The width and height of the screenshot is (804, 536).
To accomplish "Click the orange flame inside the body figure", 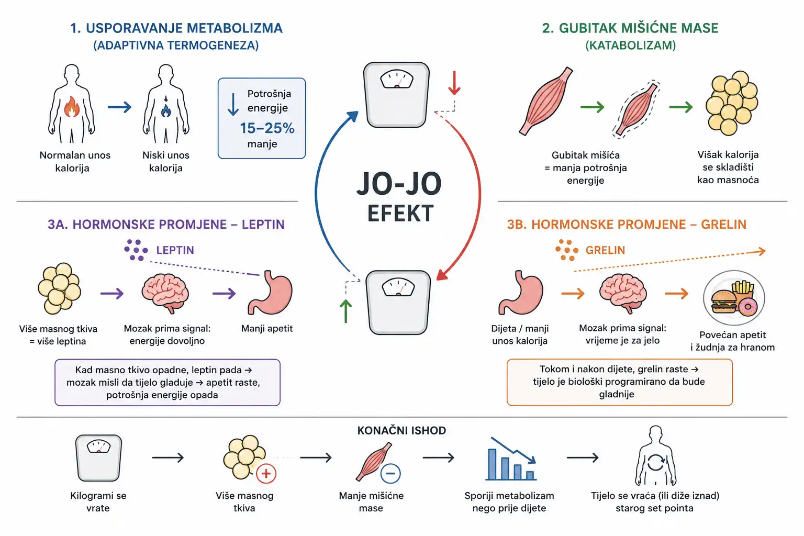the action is coord(72,107).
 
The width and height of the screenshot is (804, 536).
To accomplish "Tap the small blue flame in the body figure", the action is coord(166,110).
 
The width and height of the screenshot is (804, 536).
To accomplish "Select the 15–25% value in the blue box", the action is coord(267,128).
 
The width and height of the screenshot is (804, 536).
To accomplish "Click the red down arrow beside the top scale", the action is coord(454,83).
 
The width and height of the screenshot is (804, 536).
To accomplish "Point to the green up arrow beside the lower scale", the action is coord(345,311).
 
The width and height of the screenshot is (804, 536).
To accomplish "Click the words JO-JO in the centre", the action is coord(399,184).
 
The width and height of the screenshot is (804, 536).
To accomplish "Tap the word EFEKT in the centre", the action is coord(400,213).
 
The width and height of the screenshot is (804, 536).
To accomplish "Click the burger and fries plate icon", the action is coord(734,298).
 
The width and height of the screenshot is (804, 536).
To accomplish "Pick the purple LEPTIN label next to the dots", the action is coord(175,250).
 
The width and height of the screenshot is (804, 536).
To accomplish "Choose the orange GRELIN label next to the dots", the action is coord(605,250).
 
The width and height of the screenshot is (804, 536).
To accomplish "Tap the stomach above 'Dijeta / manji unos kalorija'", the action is coord(520,293).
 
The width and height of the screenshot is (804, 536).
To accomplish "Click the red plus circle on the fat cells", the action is coord(266,474).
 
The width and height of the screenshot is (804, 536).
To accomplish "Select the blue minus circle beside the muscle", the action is coord(390,474).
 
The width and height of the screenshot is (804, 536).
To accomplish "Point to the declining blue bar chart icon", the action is coord(511,459).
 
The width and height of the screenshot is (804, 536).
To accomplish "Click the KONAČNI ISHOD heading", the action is coord(401,430).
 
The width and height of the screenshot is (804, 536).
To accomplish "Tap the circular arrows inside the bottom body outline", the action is coord(656,462).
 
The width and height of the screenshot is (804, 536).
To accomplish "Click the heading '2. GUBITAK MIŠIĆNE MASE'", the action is coord(630,28).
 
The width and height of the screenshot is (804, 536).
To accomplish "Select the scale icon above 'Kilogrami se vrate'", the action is coord(98,457).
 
